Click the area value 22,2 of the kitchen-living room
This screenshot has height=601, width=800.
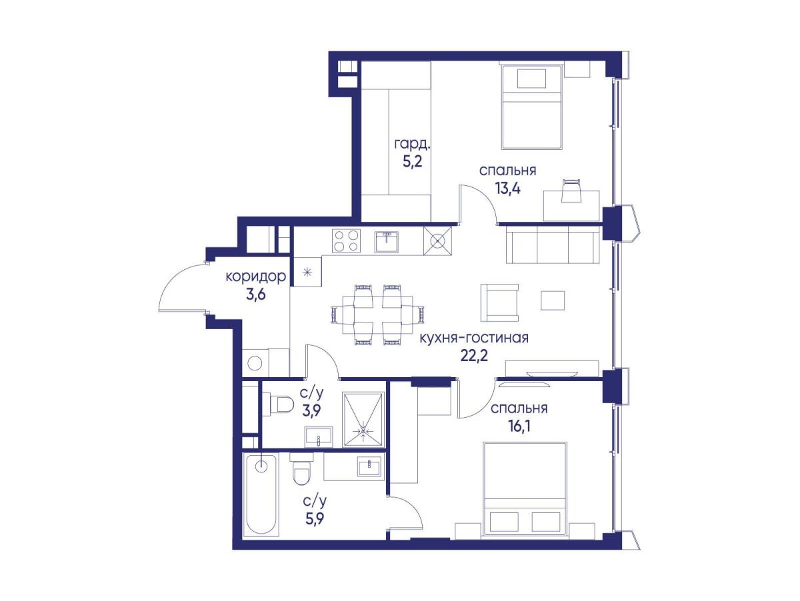click(x=473, y=354)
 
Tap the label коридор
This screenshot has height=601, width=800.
click(x=256, y=277)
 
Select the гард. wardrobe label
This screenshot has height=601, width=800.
click(x=412, y=145)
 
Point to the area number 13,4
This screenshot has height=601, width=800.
click(x=507, y=189)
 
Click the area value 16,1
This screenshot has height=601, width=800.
click(x=518, y=426)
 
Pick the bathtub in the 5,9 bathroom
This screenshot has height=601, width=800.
click(x=261, y=495)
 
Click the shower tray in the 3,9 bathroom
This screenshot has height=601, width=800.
click(x=363, y=419)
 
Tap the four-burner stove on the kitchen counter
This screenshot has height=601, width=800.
click(x=346, y=241)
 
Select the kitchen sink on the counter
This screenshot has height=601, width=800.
click(x=387, y=241)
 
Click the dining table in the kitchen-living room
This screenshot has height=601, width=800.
click(x=377, y=314)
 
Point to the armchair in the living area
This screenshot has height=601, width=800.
click(x=499, y=302)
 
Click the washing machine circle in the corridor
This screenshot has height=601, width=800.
click(x=255, y=363)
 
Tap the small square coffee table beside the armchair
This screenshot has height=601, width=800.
click(x=553, y=300)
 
